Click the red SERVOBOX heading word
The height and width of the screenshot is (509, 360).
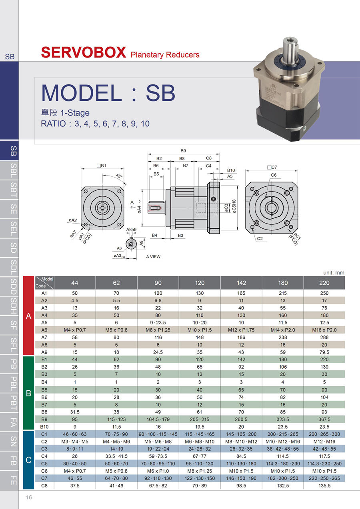(84, 52)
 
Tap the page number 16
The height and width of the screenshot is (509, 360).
(29, 497)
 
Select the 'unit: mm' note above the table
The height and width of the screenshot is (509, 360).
(334, 272)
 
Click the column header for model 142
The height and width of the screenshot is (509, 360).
(241, 283)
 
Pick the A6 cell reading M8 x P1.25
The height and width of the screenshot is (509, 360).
(158, 330)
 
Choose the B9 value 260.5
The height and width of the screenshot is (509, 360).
(241, 419)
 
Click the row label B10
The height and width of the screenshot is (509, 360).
(44, 427)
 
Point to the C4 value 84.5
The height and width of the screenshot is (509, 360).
(241, 456)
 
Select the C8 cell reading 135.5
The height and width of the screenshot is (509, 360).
(324, 485)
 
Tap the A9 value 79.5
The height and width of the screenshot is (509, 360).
(324, 352)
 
